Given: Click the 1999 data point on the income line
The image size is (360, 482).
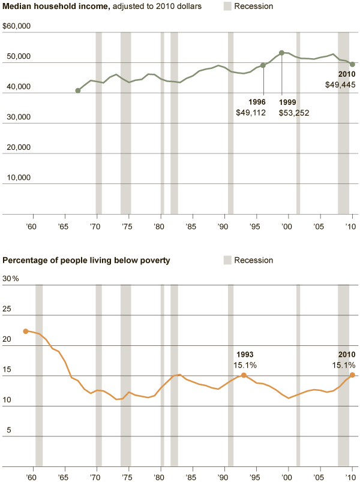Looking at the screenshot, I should pyautogui.click(x=281, y=53).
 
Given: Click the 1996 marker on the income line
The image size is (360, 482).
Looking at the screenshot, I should pyautogui.click(x=263, y=65).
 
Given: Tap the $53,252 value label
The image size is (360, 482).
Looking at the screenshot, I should pyautogui.click(x=294, y=113).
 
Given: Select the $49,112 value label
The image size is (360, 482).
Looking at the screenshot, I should pyautogui.click(x=251, y=113).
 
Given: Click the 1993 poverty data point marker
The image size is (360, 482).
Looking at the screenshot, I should pyautogui.click(x=244, y=375).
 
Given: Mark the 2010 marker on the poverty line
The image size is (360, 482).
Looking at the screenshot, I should pyautogui.click(x=352, y=375).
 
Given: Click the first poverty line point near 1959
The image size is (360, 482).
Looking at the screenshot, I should pyautogui.click(x=25, y=331).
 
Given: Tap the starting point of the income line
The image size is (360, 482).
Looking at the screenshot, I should pyautogui.click(x=78, y=91).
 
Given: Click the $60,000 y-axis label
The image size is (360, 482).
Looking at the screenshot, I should pyautogui.click(x=16, y=26).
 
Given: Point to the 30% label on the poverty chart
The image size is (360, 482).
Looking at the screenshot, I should pyautogui.click(x=11, y=279).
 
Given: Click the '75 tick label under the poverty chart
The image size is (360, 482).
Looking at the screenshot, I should pyautogui.click(x=127, y=478).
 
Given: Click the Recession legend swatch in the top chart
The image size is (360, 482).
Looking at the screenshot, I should pyautogui.click(x=227, y=6).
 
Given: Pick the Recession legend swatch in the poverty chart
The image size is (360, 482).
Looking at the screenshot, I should pyautogui.click(x=227, y=260).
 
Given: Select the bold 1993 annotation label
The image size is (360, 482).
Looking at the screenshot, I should pyautogui.click(x=245, y=354).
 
